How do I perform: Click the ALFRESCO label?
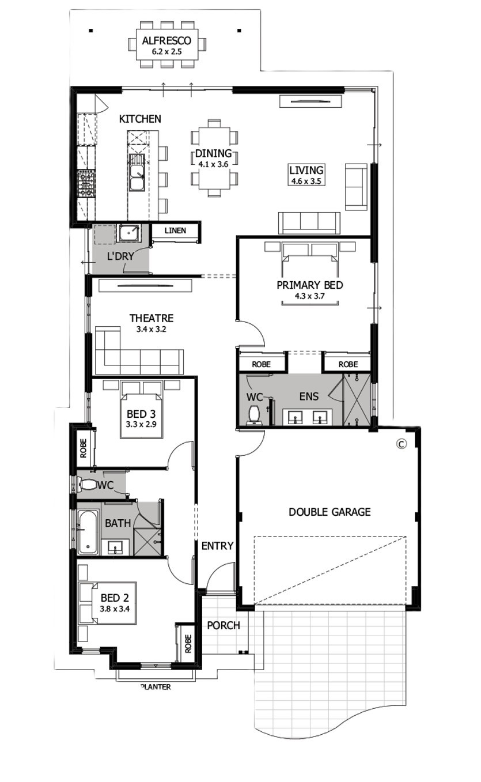166,41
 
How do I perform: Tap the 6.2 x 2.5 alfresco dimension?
166,52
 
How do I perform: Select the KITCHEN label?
140,119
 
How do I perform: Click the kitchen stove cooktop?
86,183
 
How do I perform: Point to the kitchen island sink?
137,172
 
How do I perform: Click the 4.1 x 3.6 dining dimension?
213,164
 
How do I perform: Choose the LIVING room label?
306,170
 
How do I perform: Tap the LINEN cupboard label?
175,231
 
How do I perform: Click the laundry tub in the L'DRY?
128,233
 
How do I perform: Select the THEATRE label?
152,318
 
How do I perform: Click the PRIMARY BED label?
309,285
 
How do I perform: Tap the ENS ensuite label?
309,396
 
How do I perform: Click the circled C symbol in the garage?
402,444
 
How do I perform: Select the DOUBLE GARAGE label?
329,512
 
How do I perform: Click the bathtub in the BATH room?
88,532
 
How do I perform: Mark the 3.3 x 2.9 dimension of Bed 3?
141,425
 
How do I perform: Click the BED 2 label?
115,598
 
